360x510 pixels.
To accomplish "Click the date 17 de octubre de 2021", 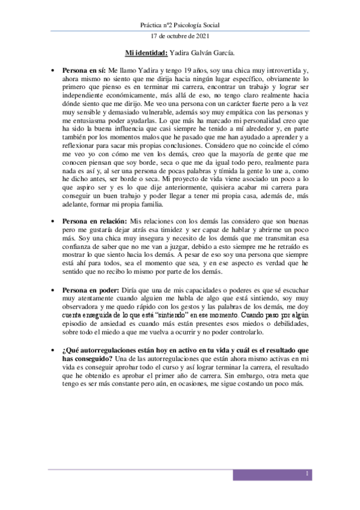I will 180,37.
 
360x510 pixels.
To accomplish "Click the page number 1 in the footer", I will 307,475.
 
